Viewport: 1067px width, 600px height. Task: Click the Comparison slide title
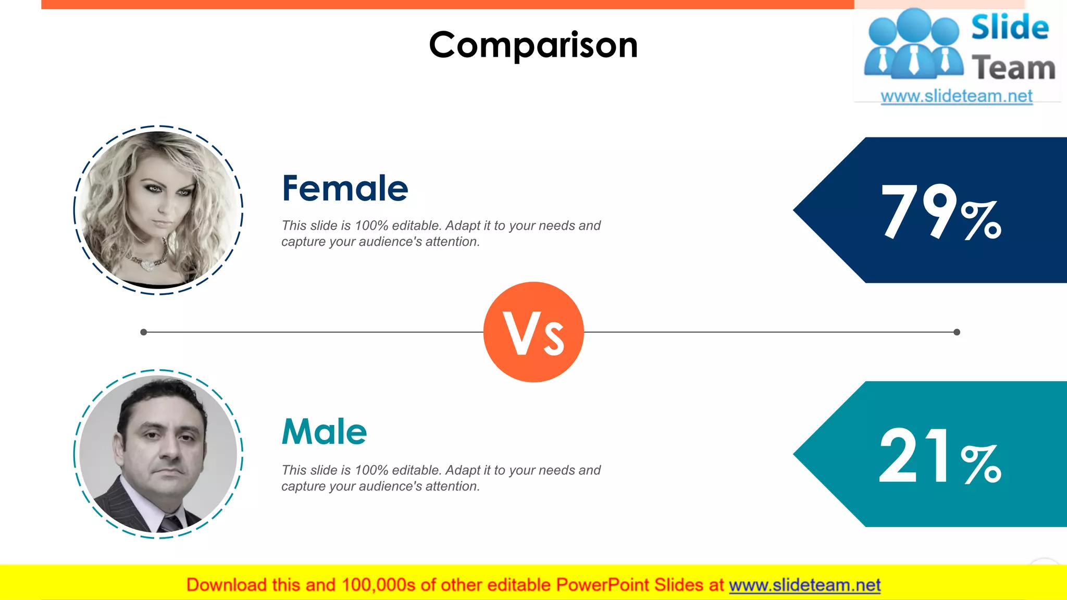coord(533,45)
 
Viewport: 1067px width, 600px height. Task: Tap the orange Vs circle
coord(533,332)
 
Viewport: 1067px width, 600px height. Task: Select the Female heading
coord(345,188)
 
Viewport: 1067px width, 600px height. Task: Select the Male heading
coord(324,432)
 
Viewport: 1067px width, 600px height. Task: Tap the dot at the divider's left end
coord(144,332)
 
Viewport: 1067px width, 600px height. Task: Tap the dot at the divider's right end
coord(957,332)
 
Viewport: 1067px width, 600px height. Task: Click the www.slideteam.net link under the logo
coord(957,96)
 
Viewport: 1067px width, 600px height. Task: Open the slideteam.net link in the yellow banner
coord(804,585)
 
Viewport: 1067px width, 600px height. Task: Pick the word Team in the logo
coord(1013,68)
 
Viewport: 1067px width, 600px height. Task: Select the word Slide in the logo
coord(1010,28)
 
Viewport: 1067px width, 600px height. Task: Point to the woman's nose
coord(165,207)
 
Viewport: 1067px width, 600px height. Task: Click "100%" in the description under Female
coord(371,226)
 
